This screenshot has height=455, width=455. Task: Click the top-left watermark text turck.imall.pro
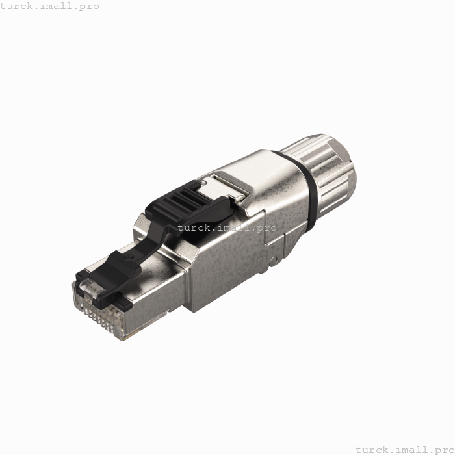tap(50, 6)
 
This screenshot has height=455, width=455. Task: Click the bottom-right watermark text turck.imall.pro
tap(405, 449)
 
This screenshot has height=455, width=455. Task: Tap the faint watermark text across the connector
tap(213, 227)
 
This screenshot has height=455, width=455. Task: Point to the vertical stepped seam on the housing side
tap(268, 240)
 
